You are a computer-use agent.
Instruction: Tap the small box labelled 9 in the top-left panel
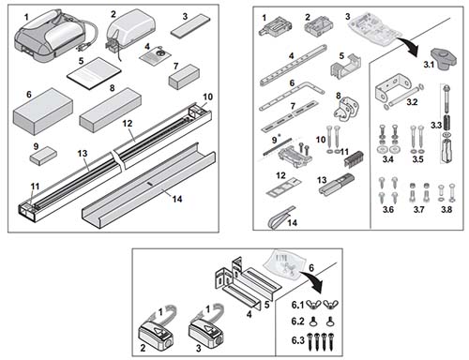[43, 158]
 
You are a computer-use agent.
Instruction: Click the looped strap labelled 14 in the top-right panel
[276, 218]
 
